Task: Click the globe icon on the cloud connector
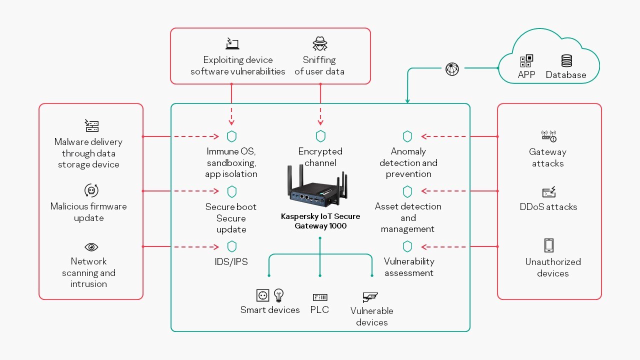click(452, 69)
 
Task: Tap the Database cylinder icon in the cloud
click(566, 61)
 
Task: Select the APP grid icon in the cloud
click(526, 61)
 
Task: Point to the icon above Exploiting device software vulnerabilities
click(232, 43)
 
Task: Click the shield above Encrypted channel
click(320, 136)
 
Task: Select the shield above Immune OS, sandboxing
click(231, 136)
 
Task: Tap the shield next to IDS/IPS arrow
click(231, 246)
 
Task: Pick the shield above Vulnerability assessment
click(407, 246)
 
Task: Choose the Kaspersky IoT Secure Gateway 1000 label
click(320, 221)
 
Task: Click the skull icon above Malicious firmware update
click(91, 190)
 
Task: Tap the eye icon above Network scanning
click(91, 247)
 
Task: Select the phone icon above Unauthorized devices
click(549, 245)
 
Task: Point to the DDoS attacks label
click(548, 207)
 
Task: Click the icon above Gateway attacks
click(549, 136)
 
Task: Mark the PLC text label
click(319, 310)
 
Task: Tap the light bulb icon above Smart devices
click(278, 294)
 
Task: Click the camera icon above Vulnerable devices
click(370, 297)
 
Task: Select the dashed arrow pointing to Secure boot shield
click(196, 191)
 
